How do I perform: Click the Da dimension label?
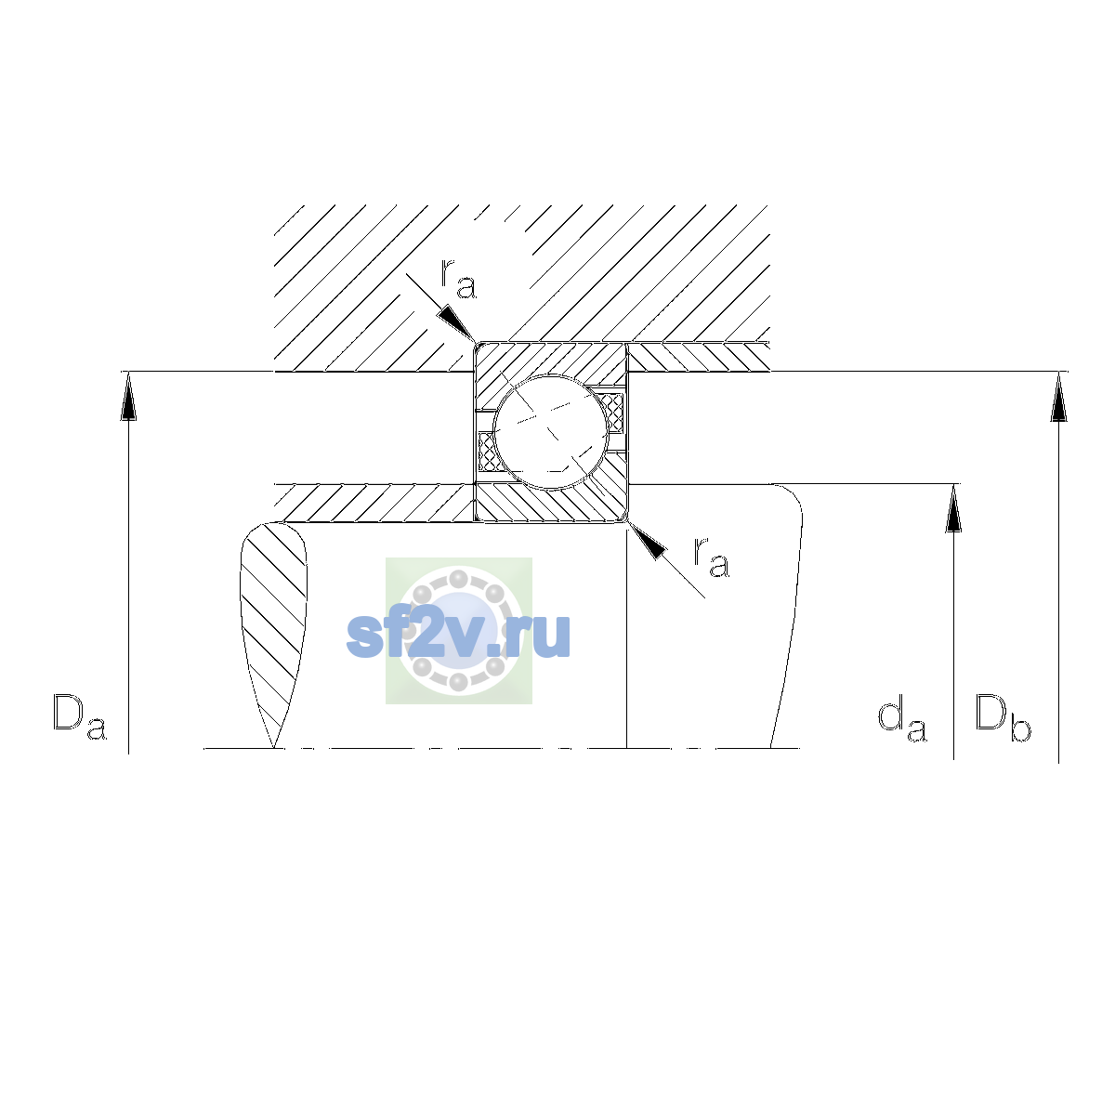[80, 717]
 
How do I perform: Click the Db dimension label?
[1003, 717]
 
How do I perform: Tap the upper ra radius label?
[458, 279]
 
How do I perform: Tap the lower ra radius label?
[712, 557]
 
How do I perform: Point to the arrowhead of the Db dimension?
[1059, 396]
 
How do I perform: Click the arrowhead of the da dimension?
[953, 507]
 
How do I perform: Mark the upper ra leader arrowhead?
[456, 323]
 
